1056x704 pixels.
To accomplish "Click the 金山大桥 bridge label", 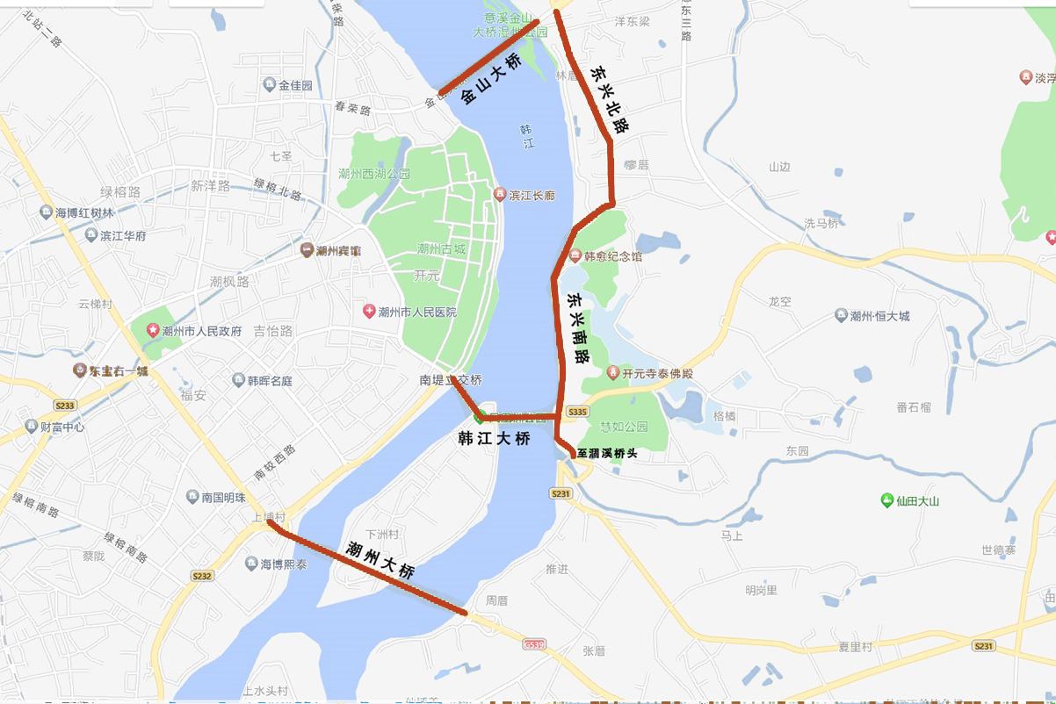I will pyautogui.click(x=491, y=79).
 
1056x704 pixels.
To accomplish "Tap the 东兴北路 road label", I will pyautogui.click(x=609, y=97).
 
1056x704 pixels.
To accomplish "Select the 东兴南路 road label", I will pyautogui.click(x=579, y=327).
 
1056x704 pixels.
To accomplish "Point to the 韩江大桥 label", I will pyautogui.click(x=495, y=438).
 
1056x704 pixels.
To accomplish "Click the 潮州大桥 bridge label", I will pyautogui.click(x=380, y=559).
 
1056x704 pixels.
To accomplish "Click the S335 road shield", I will pyautogui.click(x=577, y=411).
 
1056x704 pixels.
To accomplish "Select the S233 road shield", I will pyautogui.click(x=66, y=405).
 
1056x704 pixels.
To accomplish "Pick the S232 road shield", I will pyautogui.click(x=202, y=576).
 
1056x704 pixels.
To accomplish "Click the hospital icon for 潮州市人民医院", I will pyautogui.click(x=370, y=312).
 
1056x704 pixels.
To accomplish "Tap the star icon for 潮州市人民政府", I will pyautogui.click(x=153, y=331).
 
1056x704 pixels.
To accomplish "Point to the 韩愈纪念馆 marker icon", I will pyautogui.click(x=575, y=256).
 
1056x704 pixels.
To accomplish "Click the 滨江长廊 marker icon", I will pyautogui.click(x=500, y=194).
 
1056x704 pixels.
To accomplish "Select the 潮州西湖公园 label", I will pyautogui.click(x=373, y=174).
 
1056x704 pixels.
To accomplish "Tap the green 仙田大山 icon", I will pyautogui.click(x=886, y=500).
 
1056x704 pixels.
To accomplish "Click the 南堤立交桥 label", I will pyautogui.click(x=451, y=381).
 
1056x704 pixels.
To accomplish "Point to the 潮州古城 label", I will pyautogui.click(x=441, y=248).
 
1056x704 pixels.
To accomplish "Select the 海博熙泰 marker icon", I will pyautogui.click(x=252, y=564).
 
